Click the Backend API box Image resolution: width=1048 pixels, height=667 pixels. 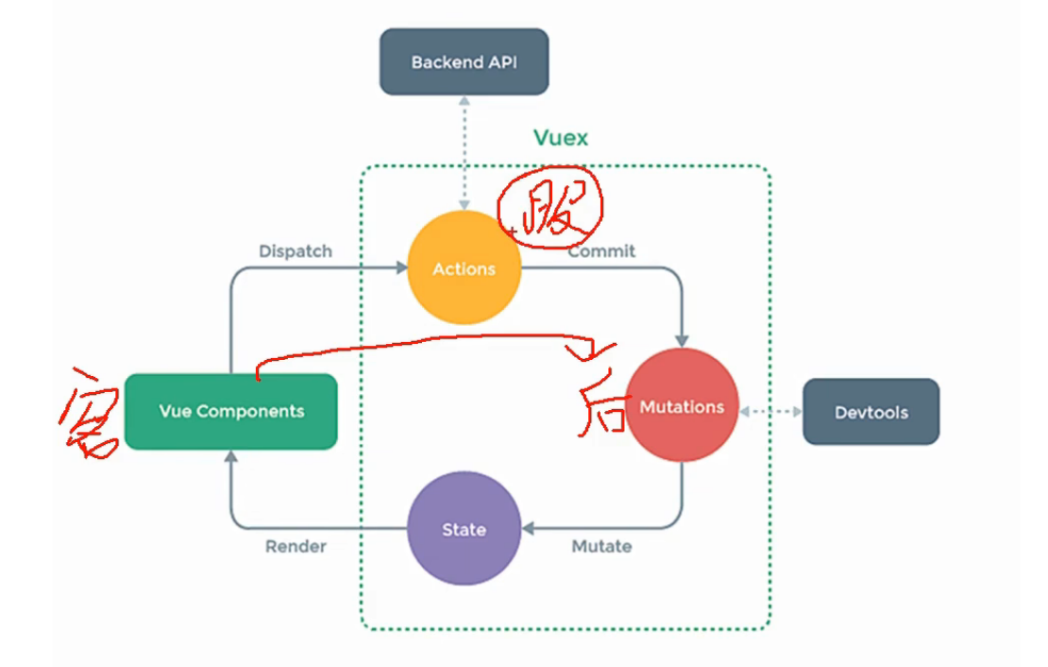coord(464,62)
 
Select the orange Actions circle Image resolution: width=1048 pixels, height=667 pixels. coord(464,269)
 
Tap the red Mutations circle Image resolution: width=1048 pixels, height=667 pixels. coord(682,406)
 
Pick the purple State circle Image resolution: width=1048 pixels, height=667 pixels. coord(464,529)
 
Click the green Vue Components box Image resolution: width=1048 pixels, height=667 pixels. coord(231,411)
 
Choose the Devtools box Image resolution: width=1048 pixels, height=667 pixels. coord(871,412)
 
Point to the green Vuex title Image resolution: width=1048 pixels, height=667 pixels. coord(561,138)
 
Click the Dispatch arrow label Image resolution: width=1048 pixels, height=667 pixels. coord(296,251)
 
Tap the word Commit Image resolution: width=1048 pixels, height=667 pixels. coord(601,251)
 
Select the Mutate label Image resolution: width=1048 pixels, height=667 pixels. coord(601,546)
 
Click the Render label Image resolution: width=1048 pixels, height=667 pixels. coord(296,546)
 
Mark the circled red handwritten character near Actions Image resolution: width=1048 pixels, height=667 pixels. coord(550,207)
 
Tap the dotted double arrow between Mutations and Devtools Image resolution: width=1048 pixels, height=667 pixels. coord(770,412)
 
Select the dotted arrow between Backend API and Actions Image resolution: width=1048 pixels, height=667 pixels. coord(464,151)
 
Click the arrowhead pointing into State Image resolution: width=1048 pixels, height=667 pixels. coord(530,529)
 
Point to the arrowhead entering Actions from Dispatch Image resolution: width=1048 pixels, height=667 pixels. coord(399,269)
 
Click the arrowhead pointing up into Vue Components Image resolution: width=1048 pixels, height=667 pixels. coord(231,458)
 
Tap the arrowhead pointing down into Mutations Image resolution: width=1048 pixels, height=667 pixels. coord(682,341)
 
